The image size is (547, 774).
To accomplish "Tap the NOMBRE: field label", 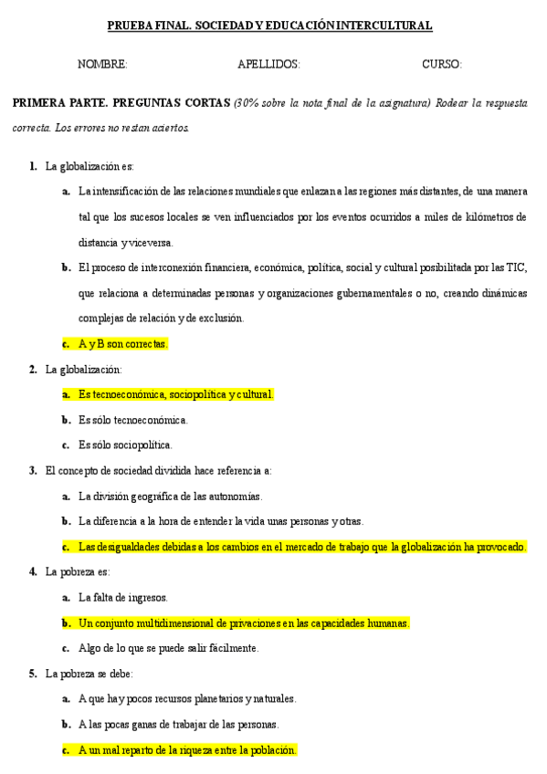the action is click(102, 64).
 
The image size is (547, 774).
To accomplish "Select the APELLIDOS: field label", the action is click(268, 64).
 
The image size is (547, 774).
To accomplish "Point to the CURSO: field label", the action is click(441, 64).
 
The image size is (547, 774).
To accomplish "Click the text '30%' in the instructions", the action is click(247, 103).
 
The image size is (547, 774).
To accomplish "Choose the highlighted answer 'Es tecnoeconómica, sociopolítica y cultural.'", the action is click(175, 394).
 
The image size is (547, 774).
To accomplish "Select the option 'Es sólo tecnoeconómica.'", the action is click(133, 420).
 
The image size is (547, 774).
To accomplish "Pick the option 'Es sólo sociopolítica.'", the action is click(125, 445).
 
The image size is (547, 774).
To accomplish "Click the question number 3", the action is click(33, 471).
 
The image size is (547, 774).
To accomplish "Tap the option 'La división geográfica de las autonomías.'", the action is click(170, 497).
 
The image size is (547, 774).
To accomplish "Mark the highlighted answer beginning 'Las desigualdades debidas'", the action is click(301, 548).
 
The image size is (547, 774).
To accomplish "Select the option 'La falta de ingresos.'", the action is click(123, 598).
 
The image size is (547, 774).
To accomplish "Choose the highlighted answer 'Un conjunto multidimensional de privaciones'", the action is click(244, 623).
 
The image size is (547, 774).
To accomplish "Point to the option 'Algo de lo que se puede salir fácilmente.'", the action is click(168, 648).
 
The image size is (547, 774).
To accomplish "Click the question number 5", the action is click(33, 674).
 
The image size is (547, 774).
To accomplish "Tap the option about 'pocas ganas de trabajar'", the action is click(178, 725).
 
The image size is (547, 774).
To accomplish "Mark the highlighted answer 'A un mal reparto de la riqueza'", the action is click(187, 749).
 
